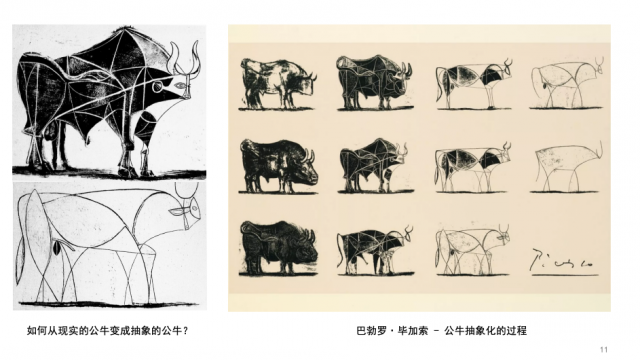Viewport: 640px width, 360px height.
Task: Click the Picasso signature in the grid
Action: click(563, 260)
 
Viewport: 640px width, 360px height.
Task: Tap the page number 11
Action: click(604, 349)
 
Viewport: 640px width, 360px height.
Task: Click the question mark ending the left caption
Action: click(185, 330)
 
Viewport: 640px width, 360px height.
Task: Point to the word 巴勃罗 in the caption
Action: click(371, 330)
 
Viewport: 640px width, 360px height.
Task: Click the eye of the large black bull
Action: click(180, 85)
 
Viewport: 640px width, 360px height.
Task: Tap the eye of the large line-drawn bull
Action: click(177, 212)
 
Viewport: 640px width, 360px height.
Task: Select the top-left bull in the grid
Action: click(277, 84)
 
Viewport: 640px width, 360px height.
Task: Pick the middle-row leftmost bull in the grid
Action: click(278, 166)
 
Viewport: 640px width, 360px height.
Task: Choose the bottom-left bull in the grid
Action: click(278, 248)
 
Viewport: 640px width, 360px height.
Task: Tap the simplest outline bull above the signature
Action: click(567, 167)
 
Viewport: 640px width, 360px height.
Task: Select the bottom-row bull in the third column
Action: click(472, 250)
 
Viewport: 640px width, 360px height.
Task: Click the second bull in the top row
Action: click(375, 83)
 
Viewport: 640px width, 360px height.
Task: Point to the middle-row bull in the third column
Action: click(472, 167)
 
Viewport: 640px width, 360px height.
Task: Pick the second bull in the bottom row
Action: click(375, 250)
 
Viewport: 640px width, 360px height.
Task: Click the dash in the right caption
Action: click(436, 331)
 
